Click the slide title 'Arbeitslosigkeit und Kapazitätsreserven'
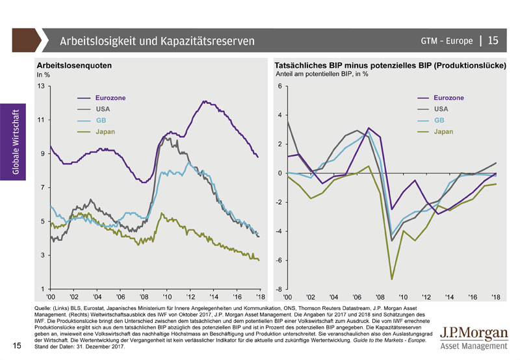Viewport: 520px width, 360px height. pos(157,41)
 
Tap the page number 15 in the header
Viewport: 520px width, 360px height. pos(493,41)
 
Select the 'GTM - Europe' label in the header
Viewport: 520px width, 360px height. pos(446,41)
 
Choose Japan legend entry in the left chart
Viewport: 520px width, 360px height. pos(105,132)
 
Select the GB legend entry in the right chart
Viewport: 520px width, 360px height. pos(439,120)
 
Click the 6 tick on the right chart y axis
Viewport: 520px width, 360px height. pos(279,86)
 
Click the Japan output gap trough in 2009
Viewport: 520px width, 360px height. pos(391,279)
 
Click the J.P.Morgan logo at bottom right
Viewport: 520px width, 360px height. pos(473,337)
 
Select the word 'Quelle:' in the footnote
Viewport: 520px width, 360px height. pos(43,306)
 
